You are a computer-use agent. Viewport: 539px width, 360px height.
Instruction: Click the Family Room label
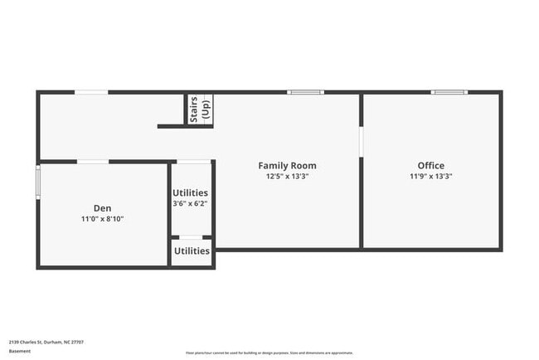coord(287,166)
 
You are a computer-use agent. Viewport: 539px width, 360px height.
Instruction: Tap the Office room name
coord(430,166)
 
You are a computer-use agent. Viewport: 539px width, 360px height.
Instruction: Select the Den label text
coord(102,208)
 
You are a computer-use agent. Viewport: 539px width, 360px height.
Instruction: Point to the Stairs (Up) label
coord(200,109)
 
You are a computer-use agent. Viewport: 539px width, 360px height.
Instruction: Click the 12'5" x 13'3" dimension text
coord(287,177)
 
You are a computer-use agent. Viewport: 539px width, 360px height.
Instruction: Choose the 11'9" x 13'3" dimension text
coord(430,177)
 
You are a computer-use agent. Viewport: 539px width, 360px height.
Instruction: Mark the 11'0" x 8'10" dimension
coord(102,219)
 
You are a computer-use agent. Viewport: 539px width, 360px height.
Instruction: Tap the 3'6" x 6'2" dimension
coord(190,203)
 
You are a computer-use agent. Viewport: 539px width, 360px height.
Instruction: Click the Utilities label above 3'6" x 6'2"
coord(190,192)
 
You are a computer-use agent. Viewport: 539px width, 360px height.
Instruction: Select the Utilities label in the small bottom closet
coord(192,251)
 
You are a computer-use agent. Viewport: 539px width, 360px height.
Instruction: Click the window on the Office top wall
coord(449,92)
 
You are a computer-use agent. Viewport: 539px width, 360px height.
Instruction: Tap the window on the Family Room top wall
coord(305,92)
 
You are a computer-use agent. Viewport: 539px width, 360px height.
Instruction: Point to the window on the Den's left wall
coord(37,182)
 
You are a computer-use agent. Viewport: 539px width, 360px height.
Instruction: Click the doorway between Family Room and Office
coord(361,140)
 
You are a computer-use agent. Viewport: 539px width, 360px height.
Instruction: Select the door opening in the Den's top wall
coord(93,161)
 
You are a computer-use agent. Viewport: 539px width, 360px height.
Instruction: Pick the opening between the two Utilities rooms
coord(191,238)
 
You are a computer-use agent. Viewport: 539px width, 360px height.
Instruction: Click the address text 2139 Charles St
coord(46,342)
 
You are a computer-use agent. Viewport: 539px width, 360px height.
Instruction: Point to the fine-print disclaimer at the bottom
coord(269,353)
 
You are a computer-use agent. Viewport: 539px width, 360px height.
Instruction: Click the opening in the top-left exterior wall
coord(91,92)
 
